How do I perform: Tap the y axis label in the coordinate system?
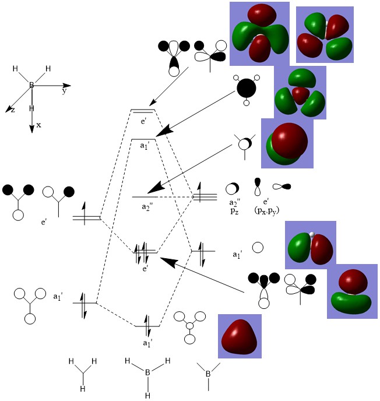pos(64,92)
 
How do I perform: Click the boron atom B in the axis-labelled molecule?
pos(32,86)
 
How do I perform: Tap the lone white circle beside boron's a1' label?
pos(257,248)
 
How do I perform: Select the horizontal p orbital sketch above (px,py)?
pos(282,187)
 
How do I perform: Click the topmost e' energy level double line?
pos(143,111)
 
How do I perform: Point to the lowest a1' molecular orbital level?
pos(147,325)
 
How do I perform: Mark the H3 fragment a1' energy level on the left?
pos(84,303)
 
